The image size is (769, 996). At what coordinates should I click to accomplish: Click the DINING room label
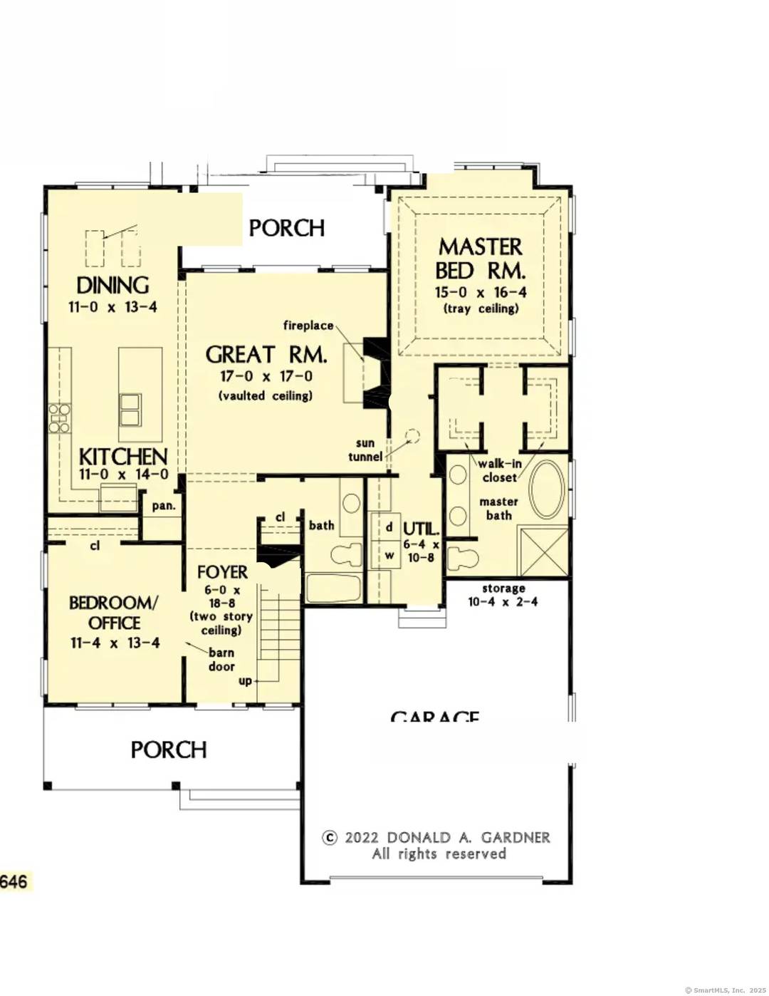pos(113,286)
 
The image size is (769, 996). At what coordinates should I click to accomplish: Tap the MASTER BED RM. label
pos(481,259)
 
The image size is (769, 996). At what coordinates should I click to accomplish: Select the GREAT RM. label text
pos(266,355)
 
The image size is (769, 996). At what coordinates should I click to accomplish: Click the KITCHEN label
pos(123,457)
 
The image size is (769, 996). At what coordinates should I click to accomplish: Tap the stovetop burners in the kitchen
pos(59,418)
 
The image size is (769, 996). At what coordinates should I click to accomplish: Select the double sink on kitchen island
pos(130,409)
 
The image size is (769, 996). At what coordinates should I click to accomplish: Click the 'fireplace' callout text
pos(308,326)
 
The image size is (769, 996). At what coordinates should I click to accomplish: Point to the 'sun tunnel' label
pos(365,450)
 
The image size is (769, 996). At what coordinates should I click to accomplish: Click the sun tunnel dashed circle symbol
pos(412,435)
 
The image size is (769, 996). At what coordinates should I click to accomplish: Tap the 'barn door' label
pos(221,660)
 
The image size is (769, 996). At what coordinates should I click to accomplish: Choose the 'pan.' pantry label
pos(163,506)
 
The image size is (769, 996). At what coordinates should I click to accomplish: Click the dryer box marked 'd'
pos(389,528)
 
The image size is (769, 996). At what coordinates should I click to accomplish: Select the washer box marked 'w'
pos(389,555)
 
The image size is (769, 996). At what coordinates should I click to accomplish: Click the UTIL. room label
pos(421,529)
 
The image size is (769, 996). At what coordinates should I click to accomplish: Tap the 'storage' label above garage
pos(503,588)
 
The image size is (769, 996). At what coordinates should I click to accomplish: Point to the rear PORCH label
pos(287,228)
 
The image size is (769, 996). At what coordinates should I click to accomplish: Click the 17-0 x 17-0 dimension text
pos(266,376)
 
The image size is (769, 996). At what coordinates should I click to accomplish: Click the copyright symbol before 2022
pos(330,838)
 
